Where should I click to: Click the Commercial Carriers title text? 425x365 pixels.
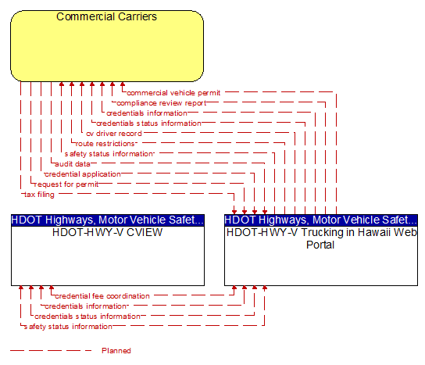click(x=106, y=16)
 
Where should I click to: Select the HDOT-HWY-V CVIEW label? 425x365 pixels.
click(x=107, y=232)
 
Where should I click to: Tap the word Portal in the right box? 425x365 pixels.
click(x=320, y=245)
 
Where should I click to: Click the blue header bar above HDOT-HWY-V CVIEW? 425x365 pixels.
click(x=108, y=220)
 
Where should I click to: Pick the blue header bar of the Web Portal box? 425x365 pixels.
click(x=321, y=220)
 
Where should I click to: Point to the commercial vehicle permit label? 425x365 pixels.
click(x=173, y=93)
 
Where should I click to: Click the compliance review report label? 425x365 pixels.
click(x=161, y=103)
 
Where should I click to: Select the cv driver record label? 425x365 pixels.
click(x=114, y=134)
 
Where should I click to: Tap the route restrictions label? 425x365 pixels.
click(x=105, y=144)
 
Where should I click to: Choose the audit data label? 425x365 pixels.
click(x=73, y=164)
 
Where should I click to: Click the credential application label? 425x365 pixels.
click(x=83, y=174)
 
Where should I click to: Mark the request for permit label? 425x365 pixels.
click(x=66, y=184)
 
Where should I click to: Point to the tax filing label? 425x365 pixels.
click(x=39, y=195)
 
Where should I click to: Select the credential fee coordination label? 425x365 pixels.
click(x=102, y=296)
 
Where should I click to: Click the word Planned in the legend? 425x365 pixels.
click(x=116, y=351)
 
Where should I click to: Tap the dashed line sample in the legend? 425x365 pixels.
click(x=51, y=351)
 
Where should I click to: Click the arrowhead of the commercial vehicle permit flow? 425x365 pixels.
click(x=123, y=84)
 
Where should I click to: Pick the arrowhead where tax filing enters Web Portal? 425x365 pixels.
click(x=234, y=213)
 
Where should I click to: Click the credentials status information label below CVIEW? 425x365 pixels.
click(x=87, y=317)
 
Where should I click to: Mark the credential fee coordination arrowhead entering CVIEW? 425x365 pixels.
click(x=52, y=288)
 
